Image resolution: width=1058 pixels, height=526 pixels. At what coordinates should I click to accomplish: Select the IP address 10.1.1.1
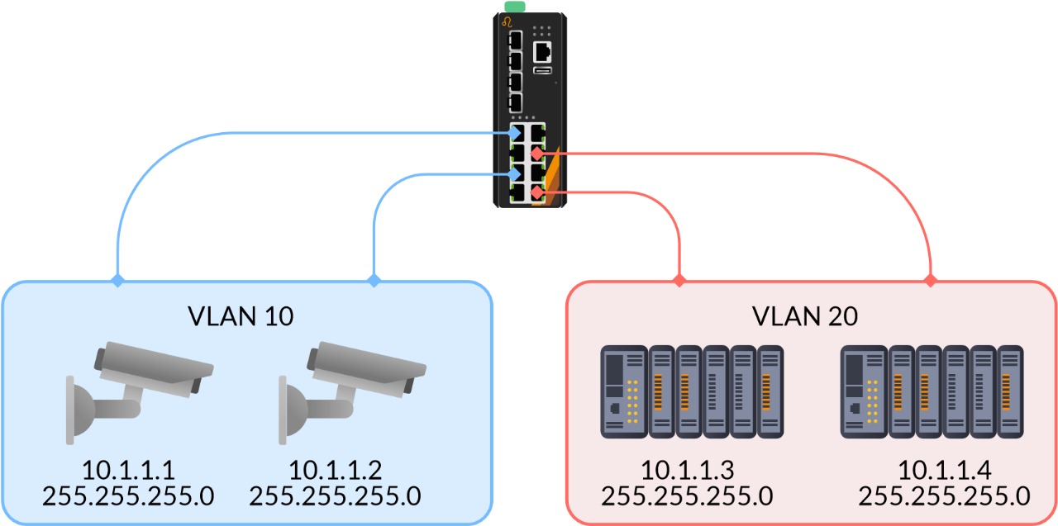(128, 470)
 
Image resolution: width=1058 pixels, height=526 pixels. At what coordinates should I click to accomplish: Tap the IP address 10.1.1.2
(335, 470)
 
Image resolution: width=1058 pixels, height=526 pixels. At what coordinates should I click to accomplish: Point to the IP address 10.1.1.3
(687, 470)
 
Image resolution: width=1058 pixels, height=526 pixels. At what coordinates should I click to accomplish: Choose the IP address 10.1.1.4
(944, 470)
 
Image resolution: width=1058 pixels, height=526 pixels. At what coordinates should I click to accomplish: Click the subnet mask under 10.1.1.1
(128, 495)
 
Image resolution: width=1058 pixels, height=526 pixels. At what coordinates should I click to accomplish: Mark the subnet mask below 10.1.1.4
(944, 495)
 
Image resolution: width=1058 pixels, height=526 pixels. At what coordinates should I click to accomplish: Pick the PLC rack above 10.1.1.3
(691, 392)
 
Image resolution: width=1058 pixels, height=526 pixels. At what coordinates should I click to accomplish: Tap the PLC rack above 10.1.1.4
(932, 392)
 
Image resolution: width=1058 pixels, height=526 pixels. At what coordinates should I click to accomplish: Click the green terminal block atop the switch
(515, 7)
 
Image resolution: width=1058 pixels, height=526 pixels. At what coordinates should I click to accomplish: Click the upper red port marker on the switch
(537, 154)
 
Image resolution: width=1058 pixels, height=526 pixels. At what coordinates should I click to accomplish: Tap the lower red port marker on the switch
(537, 192)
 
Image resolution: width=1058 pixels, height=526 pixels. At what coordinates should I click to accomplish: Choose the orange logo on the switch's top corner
(507, 21)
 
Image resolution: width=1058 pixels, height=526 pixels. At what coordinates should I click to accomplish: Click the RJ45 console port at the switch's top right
(543, 52)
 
